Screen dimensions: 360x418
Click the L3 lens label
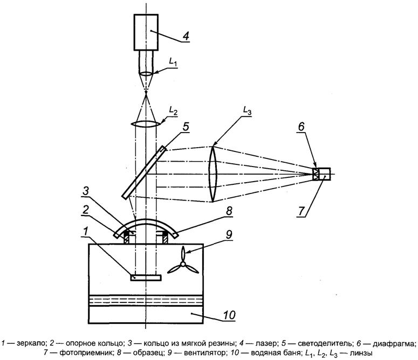point(246,110)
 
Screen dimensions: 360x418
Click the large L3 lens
point(213,174)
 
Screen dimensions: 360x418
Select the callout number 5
point(186,128)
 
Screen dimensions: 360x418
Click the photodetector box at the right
point(325,174)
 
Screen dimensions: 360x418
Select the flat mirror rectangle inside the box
point(146,278)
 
